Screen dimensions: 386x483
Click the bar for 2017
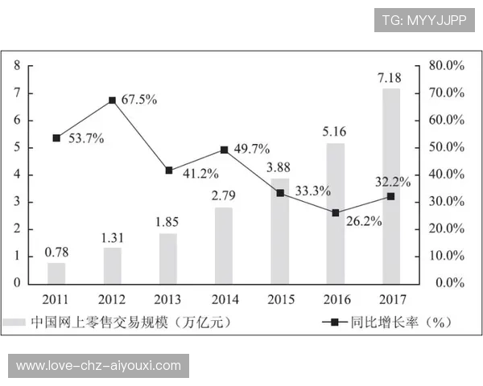click(x=391, y=186)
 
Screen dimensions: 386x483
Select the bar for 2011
click(x=56, y=273)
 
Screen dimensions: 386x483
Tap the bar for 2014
click(x=224, y=245)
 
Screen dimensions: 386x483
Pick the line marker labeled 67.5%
click(x=112, y=101)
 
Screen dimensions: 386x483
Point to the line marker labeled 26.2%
click(x=336, y=213)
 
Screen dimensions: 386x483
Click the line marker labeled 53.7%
click(x=56, y=138)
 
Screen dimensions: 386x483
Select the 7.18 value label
click(x=391, y=77)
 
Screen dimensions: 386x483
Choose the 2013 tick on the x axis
click(x=168, y=298)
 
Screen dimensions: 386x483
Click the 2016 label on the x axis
click(x=336, y=298)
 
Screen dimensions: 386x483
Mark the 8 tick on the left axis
click(x=17, y=66)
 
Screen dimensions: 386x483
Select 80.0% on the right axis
click(x=446, y=66)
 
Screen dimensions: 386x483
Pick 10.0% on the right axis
click(x=446, y=256)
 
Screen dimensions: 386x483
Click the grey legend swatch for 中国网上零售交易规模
click(x=14, y=322)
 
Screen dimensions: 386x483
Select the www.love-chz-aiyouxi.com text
click(x=99, y=366)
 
